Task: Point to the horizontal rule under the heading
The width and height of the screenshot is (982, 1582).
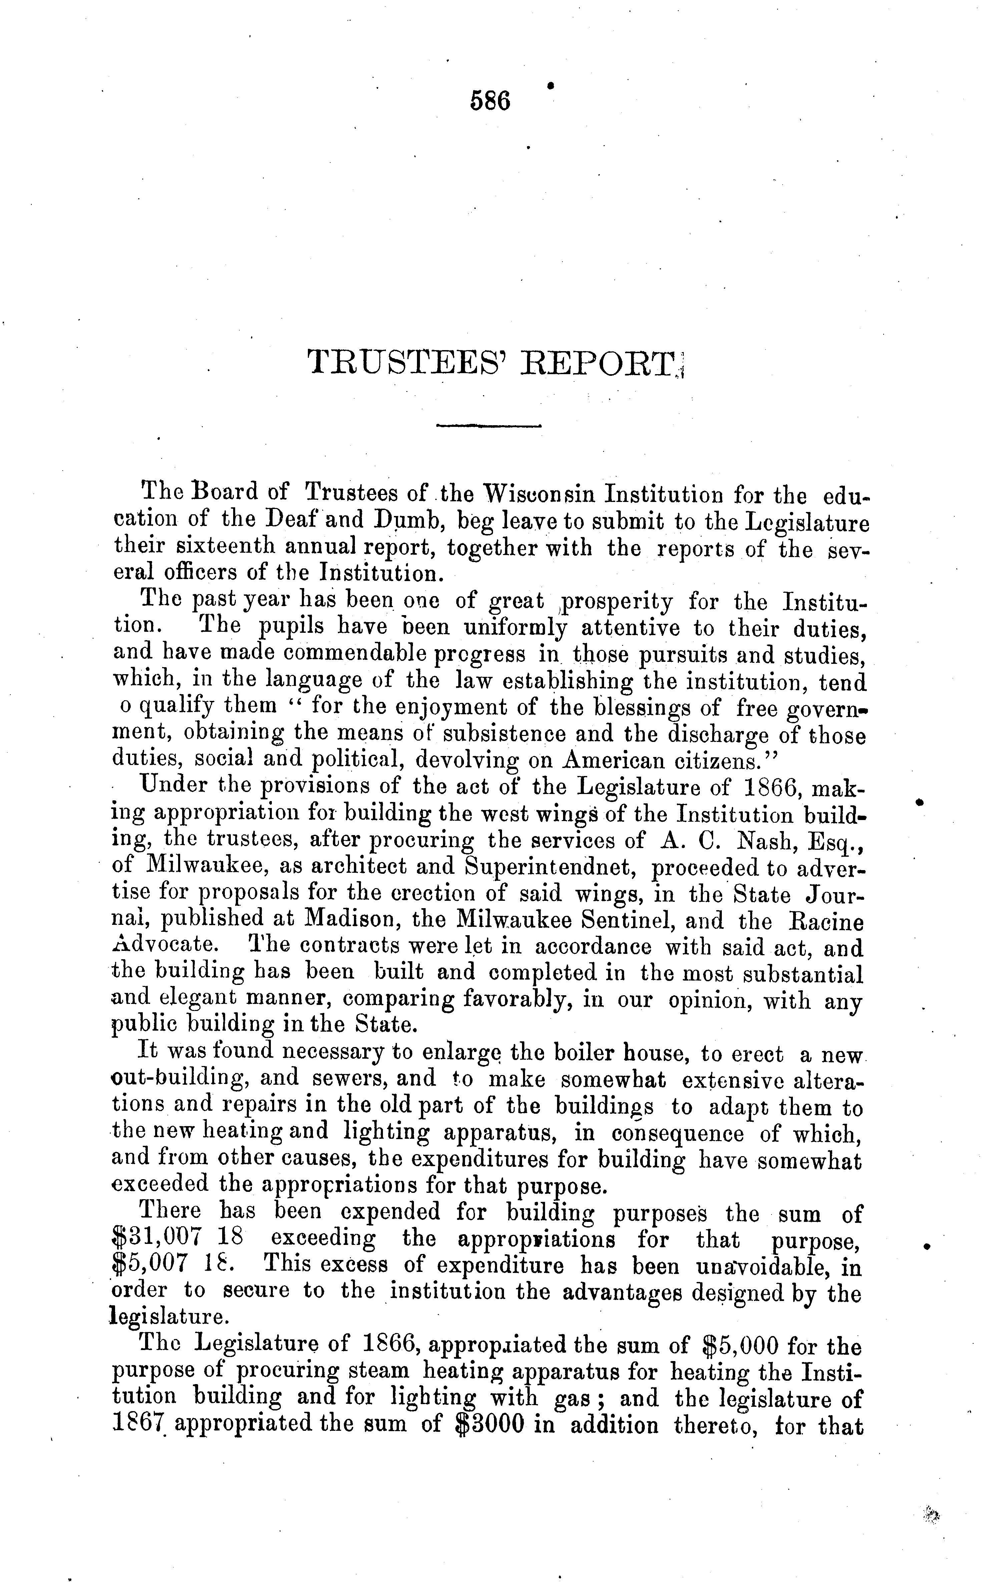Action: click(x=489, y=426)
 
